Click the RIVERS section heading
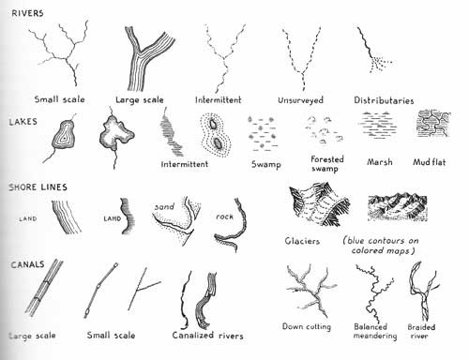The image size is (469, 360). click(x=26, y=13)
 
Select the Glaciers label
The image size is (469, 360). click(x=301, y=241)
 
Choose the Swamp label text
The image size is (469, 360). click(x=268, y=162)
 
